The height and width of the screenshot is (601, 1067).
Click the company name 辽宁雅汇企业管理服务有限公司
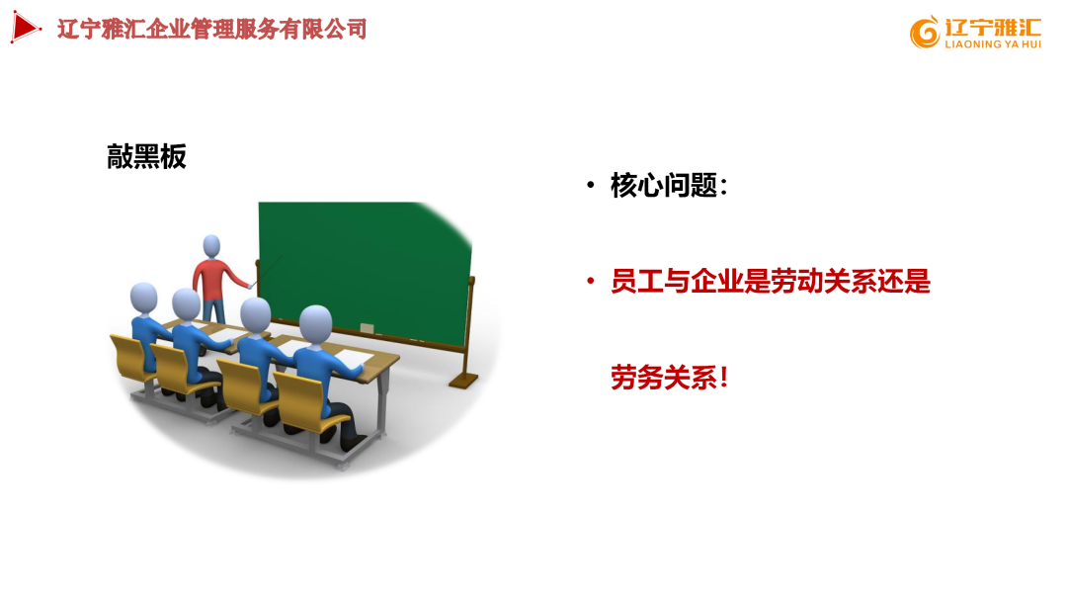tap(212, 29)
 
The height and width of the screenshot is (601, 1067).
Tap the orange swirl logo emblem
tap(925, 33)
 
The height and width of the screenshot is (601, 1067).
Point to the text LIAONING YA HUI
tap(993, 44)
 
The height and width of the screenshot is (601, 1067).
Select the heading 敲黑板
tap(146, 156)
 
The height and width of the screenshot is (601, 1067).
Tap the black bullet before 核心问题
tap(590, 185)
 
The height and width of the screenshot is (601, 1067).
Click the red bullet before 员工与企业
tap(590, 282)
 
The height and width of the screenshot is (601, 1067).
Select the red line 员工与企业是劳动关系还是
tap(771, 282)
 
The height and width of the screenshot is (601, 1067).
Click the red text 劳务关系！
tap(669, 377)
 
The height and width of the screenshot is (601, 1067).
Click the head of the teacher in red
tap(211, 245)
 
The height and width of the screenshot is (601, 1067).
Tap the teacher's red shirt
tap(209, 276)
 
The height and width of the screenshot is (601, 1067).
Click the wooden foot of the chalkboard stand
tap(463, 379)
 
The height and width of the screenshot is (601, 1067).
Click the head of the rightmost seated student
tap(316, 324)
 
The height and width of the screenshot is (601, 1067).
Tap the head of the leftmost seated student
tap(144, 298)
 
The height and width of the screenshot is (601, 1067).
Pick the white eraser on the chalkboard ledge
tap(368, 327)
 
